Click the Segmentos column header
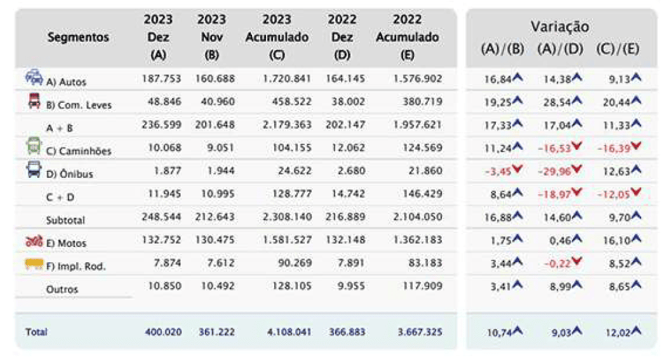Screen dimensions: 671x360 [x=78, y=37]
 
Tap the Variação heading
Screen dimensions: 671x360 [x=560, y=27]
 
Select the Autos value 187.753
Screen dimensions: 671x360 [x=161, y=79]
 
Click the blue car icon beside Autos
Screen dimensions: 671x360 [x=34, y=77]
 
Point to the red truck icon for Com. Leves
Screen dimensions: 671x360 [x=34, y=101]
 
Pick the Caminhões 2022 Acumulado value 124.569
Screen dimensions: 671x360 [x=422, y=148]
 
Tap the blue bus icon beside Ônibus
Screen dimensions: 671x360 [x=34, y=170]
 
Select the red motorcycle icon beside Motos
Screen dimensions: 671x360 [x=34, y=241]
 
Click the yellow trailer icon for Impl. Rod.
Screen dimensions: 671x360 [x=34, y=264]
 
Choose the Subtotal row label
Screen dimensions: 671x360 [x=65, y=220]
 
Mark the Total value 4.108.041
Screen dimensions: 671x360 [x=289, y=332]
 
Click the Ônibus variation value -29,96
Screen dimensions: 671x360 [x=554, y=171]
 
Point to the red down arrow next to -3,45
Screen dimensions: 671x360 [x=517, y=170]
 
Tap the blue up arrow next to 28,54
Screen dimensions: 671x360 [x=577, y=100]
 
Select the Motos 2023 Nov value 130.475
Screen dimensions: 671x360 [x=215, y=240]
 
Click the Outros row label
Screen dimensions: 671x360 [x=62, y=290]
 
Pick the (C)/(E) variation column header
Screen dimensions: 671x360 [x=618, y=49]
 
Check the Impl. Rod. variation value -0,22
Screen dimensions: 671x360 [x=557, y=263]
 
